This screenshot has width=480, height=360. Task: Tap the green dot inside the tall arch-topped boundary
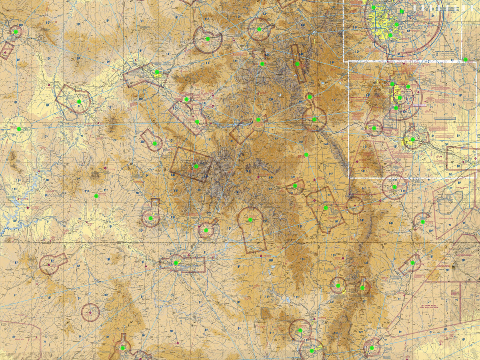(250, 220)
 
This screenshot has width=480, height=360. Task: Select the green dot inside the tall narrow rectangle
(297, 64)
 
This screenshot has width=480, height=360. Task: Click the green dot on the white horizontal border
(466, 59)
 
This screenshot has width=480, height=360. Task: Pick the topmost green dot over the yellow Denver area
(373, 7)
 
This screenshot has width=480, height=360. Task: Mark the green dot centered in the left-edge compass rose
(18, 129)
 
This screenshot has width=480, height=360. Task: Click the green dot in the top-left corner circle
(16, 32)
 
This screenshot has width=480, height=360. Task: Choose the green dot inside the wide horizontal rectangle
(176, 263)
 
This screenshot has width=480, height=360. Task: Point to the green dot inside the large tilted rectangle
(196, 166)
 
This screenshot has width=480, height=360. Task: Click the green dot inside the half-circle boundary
(295, 186)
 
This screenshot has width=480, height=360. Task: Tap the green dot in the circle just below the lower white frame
(394, 187)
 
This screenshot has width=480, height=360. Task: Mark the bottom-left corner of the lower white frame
(350, 178)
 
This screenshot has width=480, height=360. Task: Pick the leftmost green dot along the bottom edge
(122, 348)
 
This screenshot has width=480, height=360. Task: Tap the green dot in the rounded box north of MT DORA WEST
(412, 263)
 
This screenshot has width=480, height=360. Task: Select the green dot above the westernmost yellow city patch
(157, 72)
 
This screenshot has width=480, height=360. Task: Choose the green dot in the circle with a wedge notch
(208, 39)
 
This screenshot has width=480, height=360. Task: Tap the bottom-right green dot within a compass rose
(372, 348)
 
